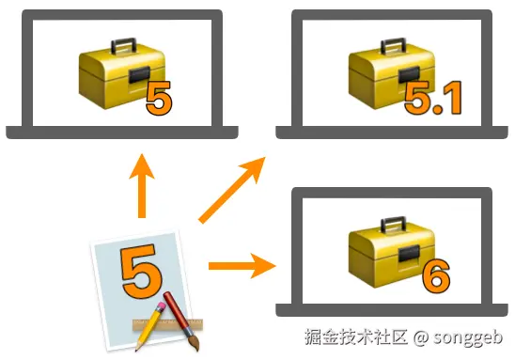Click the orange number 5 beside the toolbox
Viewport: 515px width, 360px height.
pos(159,98)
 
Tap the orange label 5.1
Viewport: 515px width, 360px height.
pos(433,98)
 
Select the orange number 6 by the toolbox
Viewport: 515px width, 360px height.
pos(436,276)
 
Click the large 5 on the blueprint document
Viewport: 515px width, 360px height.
pos(142,271)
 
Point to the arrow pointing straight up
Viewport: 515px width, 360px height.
pos(142,185)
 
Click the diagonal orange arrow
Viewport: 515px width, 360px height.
pos(232,190)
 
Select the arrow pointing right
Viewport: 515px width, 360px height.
pos(242,266)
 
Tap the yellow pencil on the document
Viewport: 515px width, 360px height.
pos(150,326)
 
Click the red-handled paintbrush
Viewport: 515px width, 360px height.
pos(181,321)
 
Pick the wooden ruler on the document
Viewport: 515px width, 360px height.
pos(167,324)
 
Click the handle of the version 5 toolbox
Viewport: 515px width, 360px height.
pos(123,46)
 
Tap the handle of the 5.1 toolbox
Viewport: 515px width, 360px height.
pos(393,46)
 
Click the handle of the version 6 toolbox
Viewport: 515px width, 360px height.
pos(393,225)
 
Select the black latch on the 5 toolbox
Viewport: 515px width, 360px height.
pos(139,75)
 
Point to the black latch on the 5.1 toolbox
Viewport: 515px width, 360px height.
pos(409,75)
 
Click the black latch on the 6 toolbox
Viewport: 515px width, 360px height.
pos(409,254)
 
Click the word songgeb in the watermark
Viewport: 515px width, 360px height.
pos(468,337)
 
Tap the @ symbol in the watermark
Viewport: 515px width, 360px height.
pos(421,337)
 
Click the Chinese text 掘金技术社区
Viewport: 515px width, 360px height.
pos(356,337)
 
